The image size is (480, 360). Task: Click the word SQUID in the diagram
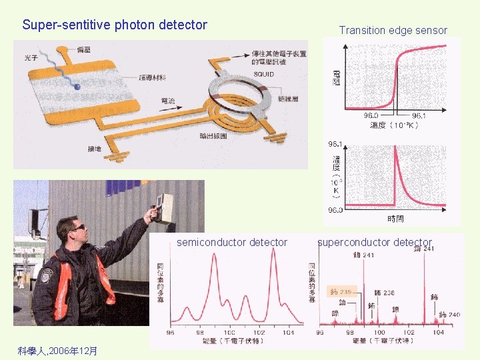(263, 74)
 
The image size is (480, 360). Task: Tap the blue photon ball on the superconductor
(77, 86)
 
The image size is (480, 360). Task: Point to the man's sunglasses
(78, 229)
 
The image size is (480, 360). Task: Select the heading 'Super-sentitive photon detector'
(115, 25)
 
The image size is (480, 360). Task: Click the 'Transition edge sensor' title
(393, 30)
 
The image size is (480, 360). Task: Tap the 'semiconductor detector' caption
(232, 242)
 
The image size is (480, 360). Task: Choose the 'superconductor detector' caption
(375, 242)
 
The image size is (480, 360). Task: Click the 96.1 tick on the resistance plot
(421, 115)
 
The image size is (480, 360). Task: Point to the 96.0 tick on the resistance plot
(373, 115)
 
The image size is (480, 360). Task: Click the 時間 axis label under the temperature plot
(395, 219)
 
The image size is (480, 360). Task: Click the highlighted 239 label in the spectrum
(342, 292)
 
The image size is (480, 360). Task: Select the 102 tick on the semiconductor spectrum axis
(259, 333)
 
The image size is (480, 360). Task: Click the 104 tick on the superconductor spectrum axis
(438, 333)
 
